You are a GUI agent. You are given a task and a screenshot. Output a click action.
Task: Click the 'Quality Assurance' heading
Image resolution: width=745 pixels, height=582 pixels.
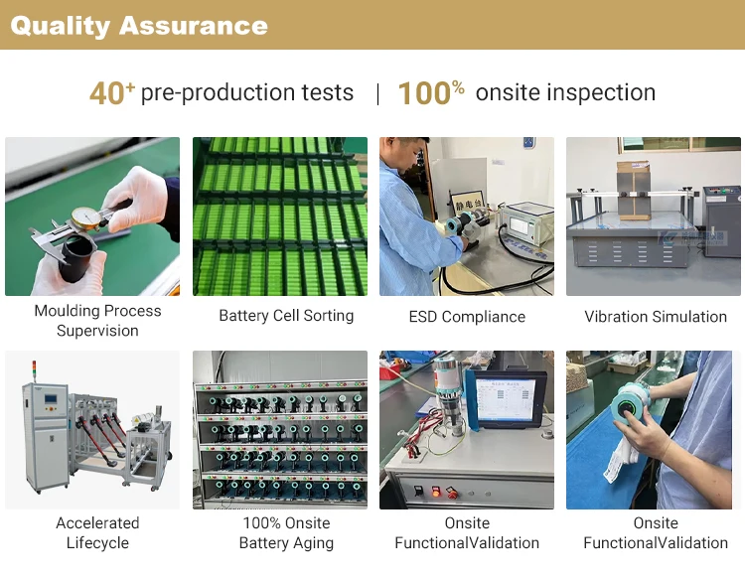(139, 26)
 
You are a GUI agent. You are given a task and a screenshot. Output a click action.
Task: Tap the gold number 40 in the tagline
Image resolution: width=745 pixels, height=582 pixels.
(106, 93)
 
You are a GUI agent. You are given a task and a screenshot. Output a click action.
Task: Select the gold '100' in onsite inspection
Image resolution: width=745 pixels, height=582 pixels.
(424, 93)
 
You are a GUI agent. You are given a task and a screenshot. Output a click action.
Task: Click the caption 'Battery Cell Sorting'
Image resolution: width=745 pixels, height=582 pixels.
(286, 316)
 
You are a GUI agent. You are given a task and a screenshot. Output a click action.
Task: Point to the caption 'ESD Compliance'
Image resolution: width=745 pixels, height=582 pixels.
(467, 317)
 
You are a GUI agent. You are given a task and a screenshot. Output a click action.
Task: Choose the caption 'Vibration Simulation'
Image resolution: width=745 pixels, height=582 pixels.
(656, 317)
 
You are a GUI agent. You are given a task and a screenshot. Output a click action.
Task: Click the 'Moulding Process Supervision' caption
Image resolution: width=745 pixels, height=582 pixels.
(97, 320)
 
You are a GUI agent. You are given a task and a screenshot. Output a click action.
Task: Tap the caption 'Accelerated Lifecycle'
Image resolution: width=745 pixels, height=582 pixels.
(97, 532)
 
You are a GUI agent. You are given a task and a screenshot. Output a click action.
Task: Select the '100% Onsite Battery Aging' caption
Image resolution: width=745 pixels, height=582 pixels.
(286, 532)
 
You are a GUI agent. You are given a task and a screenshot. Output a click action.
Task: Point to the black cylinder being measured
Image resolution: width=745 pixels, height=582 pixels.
(76, 259)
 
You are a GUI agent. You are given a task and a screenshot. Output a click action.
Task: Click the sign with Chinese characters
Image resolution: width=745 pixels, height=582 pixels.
(468, 205)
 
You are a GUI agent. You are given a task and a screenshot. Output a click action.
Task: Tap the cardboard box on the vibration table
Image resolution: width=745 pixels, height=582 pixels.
(633, 190)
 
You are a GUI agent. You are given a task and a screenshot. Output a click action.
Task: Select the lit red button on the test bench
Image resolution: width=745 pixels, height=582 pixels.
(435, 492)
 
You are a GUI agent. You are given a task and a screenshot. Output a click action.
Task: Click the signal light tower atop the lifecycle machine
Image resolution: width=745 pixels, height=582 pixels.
(33, 371)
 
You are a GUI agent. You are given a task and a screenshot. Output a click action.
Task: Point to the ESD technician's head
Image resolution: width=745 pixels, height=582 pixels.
(405, 156)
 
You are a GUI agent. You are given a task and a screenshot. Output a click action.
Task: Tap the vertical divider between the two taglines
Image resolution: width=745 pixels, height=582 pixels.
(377, 94)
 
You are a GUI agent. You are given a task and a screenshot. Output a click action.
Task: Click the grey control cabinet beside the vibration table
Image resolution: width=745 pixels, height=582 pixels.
(721, 220)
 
